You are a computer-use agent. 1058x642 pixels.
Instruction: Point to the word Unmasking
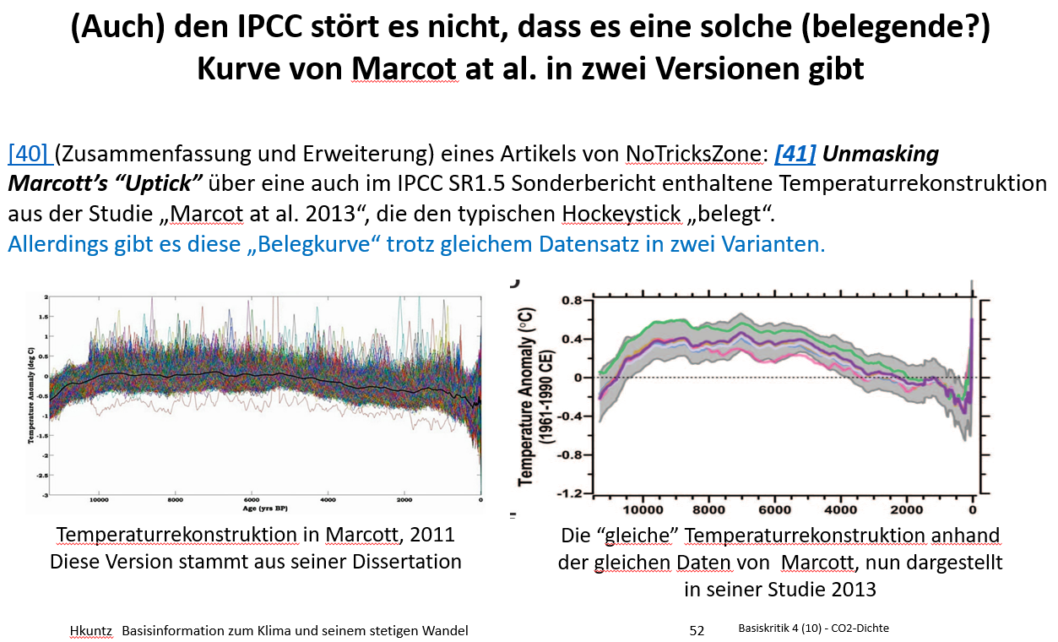tap(881, 155)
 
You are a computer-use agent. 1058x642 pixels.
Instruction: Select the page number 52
tap(697, 630)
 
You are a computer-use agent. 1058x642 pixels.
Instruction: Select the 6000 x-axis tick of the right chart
tap(774, 510)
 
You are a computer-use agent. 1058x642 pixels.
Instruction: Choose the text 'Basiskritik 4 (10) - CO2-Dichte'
tap(813, 628)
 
